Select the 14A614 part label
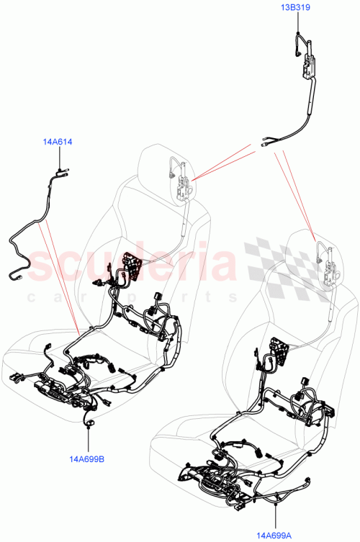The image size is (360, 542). pos(58,143)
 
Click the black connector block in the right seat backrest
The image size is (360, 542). pos(279,351)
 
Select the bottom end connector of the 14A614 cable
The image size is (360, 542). pos(19,276)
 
